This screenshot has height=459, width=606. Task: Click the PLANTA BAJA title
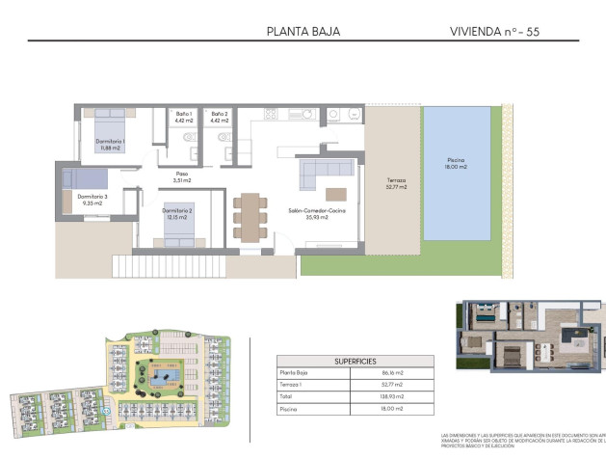click(x=303, y=31)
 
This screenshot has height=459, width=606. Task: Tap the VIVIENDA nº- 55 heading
click(x=495, y=31)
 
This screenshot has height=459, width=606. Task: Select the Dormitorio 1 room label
click(x=110, y=145)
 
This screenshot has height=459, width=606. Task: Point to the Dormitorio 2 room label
click(x=177, y=214)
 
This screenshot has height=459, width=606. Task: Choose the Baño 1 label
click(x=185, y=118)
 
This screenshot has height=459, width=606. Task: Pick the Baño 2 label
click(x=221, y=118)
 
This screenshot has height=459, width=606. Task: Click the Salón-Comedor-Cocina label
click(x=309, y=214)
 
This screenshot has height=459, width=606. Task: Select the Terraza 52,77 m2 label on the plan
click(x=396, y=184)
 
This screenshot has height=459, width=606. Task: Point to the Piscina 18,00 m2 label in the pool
click(x=456, y=164)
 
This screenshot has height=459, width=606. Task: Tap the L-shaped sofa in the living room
click(x=322, y=176)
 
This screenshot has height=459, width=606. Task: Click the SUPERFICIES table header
click(x=355, y=360)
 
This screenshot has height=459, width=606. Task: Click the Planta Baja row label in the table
click(x=296, y=371)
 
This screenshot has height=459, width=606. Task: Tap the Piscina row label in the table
click(x=289, y=408)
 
